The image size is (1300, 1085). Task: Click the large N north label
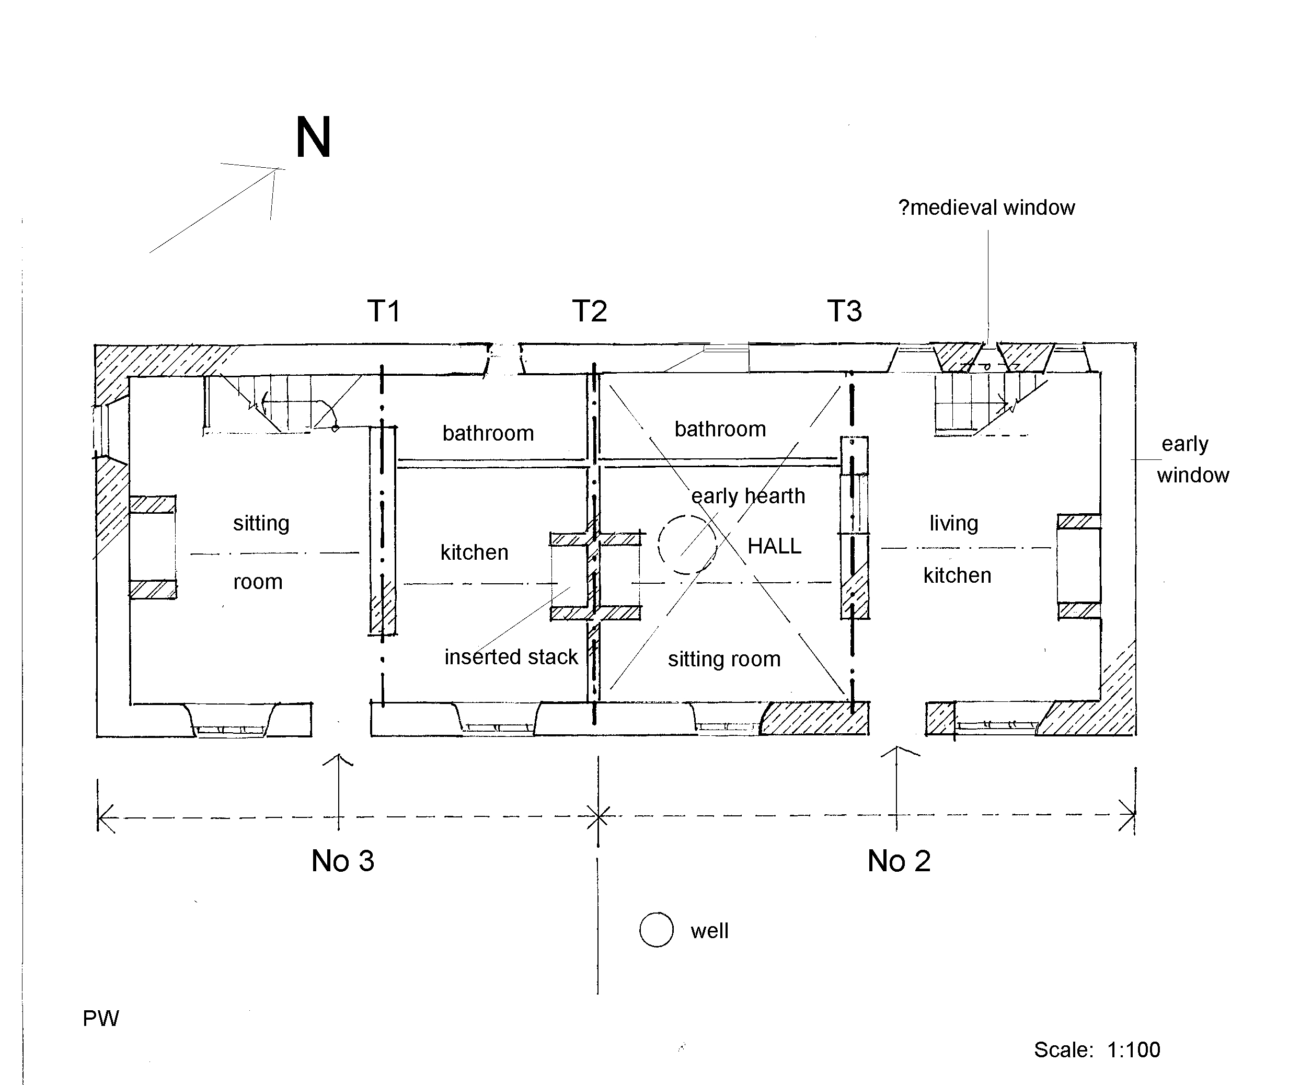click(313, 137)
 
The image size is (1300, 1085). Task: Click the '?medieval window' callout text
click(986, 208)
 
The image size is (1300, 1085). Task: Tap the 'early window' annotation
click(1191, 459)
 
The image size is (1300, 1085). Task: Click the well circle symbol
click(656, 930)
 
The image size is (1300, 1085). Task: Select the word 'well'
click(709, 931)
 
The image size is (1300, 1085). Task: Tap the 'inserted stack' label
click(511, 656)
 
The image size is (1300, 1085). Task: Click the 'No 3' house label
click(343, 861)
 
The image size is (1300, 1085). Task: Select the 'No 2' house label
click(899, 861)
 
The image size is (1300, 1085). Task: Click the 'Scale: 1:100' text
click(1097, 1049)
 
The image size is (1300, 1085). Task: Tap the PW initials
click(101, 1019)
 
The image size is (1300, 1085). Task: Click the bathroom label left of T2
click(488, 433)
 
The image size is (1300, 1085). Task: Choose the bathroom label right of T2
click(720, 429)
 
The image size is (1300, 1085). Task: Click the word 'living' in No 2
click(953, 524)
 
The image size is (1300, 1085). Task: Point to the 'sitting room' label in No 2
click(724, 659)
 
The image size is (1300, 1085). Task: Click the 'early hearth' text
click(748, 496)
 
